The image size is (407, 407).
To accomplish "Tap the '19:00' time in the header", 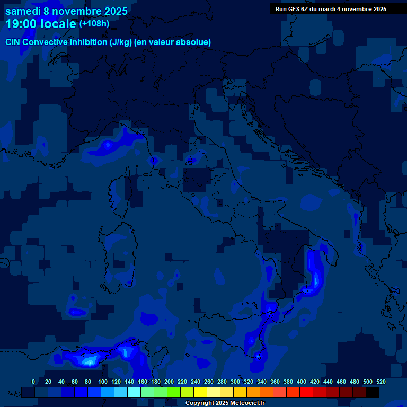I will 20,24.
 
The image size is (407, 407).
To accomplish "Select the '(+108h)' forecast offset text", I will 94,24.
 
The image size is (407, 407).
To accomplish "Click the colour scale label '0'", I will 33,382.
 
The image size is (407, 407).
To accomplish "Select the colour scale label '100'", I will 102,382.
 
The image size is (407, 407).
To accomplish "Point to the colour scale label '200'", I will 169,382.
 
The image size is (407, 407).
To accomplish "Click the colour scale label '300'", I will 235,382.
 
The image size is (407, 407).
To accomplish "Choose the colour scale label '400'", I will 301,382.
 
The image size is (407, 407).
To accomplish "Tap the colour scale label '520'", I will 381,382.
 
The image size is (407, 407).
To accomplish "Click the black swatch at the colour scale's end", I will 373,392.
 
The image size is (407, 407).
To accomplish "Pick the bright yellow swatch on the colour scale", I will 200,392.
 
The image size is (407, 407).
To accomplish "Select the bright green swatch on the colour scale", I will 174,392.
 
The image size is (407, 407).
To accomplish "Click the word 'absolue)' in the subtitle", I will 194,42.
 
